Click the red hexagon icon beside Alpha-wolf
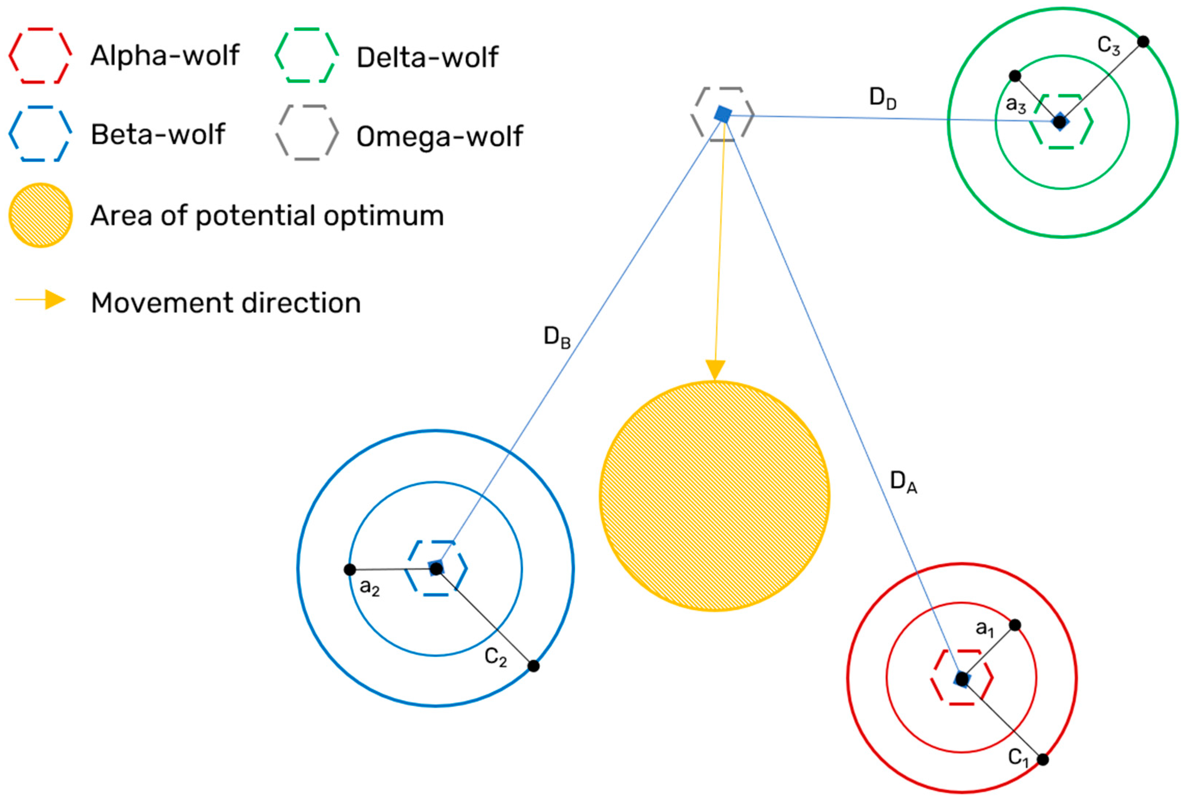click(40, 55)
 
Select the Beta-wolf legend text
click(157, 135)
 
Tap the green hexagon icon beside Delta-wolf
click(306, 55)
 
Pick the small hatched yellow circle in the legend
click(40, 215)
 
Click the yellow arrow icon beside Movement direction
click(41, 300)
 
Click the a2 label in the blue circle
click(369, 587)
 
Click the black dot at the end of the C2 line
click(533, 666)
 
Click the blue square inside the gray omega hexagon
click(723, 114)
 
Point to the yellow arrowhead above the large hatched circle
click(715, 370)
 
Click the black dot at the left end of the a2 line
click(350, 569)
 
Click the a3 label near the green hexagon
click(1016, 105)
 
